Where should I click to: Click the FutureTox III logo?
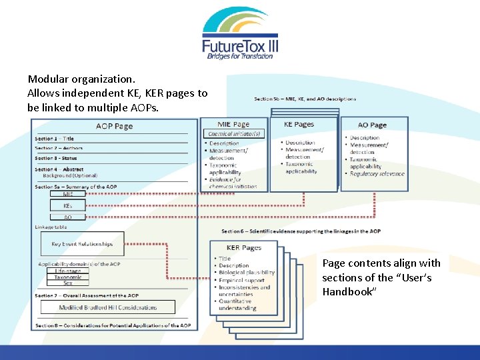(x=240, y=33)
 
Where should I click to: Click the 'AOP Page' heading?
(x=114, y=126)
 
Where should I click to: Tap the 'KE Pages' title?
(x=299, y=125)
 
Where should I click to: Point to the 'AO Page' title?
(x=372, y=125)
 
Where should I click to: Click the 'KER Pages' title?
(x=244, y=248)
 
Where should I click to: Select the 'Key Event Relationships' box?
(x=82, y=244)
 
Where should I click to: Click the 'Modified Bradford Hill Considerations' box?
(x=108, y=307)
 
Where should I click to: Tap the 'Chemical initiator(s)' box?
(x=233, y=134)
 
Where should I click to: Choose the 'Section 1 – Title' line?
(x=55, y=139)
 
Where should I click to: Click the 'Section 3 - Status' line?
(x=56, y=159)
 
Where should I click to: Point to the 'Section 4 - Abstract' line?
(x=59, y=169)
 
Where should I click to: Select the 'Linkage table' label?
(x=51, y=227)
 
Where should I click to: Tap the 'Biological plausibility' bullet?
(x=247, y=273)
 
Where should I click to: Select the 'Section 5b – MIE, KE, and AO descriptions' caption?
(x=305, y=99)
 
